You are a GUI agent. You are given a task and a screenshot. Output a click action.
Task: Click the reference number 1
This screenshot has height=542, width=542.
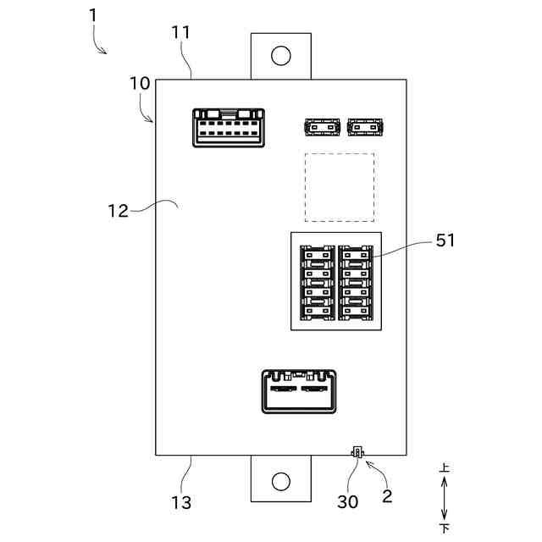click(92, 16)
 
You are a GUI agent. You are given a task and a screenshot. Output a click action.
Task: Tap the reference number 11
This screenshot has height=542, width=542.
click(180, 33)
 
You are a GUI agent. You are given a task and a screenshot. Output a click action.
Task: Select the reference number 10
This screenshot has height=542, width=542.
click(140, 84)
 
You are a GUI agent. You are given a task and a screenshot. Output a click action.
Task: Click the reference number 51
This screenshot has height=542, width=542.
click(445, 241)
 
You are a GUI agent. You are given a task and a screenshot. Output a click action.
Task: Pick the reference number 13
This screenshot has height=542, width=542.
click(180, 502)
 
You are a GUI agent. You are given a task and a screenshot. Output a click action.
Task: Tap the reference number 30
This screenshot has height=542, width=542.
click(347, 501)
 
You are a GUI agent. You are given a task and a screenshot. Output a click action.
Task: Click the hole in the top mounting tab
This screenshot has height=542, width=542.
click(280, 56)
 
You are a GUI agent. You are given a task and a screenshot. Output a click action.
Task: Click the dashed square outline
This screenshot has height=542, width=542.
click(339, 188)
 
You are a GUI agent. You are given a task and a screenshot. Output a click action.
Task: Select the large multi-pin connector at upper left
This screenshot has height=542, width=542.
click(227, 127)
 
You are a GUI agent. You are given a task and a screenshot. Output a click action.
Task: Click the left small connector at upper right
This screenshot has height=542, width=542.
click(321, 127)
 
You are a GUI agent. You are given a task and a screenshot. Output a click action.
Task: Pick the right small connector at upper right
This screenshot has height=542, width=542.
click(365, 127)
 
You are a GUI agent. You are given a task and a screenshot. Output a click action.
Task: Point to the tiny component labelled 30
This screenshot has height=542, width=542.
click(357, 454)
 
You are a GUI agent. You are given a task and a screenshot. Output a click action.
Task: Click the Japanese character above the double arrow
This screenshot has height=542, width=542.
click(445, 467)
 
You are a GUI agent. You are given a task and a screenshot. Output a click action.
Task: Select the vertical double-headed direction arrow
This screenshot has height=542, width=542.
click(445, 498)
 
